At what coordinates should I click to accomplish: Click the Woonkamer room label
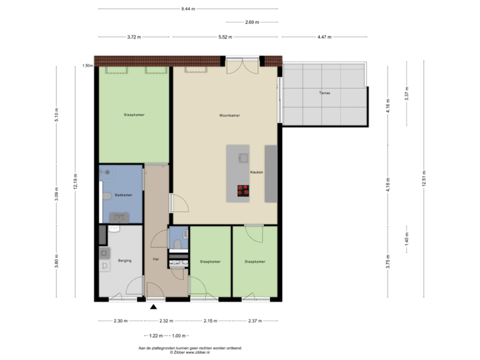coord(229,115)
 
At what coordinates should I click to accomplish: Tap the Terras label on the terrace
coord(324,93)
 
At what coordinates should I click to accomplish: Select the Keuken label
coord(257,171)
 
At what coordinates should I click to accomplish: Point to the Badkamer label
coord(123,195)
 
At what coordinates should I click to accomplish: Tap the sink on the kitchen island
coord(243,157)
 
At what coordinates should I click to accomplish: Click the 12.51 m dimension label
coord(423,181)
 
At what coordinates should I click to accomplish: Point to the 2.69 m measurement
coord(252,22)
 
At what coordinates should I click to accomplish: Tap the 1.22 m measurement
coord(155,335)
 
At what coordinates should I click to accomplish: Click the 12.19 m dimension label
coord(76,181)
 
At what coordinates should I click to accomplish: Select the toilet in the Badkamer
coord(107,196)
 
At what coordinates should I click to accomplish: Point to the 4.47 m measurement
coord(323,37)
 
